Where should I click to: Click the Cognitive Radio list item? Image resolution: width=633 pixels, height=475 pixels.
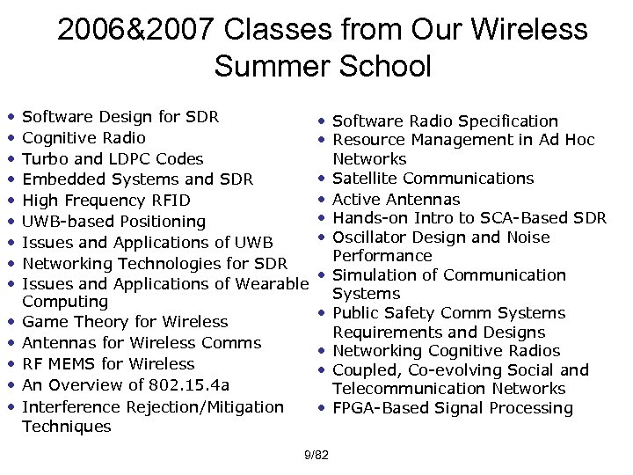click(x=84, y=138)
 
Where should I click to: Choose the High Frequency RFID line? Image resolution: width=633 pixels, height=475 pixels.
click(x=105, y=200)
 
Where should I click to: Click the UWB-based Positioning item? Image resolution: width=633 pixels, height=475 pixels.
click(x=113, y=221)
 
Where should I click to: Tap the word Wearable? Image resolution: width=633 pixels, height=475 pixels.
click(x=271, y=282)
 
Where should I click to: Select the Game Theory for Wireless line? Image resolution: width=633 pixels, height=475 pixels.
click(x=124, y=323)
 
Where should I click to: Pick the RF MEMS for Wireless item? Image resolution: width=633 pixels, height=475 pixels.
click(x=108, y=364)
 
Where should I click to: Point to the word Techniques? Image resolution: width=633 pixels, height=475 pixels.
click(x=66, y=427)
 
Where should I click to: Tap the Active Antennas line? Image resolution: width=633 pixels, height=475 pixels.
click(x=397, y=199)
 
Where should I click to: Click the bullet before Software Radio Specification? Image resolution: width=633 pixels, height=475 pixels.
click(x=324, y=121)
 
